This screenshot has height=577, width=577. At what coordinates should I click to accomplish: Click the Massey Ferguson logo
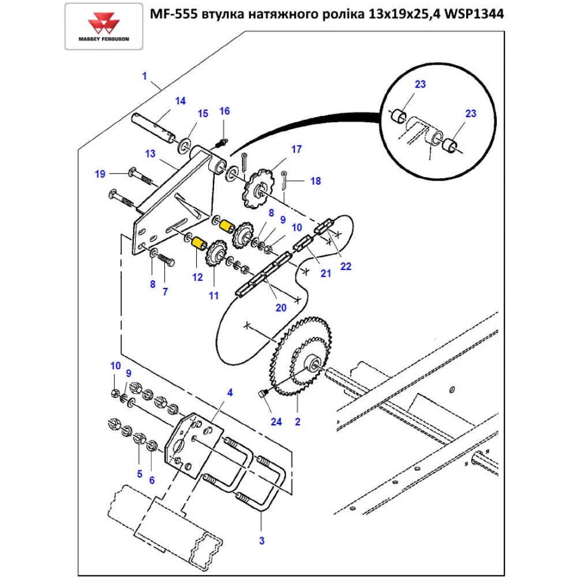104,27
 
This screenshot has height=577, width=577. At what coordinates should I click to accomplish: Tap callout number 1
144,76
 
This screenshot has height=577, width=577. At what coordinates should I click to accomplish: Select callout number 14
181,101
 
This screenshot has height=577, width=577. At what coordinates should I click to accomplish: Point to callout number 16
224,111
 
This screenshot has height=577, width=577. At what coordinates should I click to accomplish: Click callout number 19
100,174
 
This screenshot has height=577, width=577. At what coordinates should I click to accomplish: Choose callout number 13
151,154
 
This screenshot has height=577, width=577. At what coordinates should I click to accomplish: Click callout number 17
296,149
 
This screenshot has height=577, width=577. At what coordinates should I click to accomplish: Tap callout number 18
315,181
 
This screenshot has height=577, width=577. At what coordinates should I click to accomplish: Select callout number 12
197,278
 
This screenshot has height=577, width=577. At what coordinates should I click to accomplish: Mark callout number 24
276,422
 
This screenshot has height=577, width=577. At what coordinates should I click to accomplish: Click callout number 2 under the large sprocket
298,422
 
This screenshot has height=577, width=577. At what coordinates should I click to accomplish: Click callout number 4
230,393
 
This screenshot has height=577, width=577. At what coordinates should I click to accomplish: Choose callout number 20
281,308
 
